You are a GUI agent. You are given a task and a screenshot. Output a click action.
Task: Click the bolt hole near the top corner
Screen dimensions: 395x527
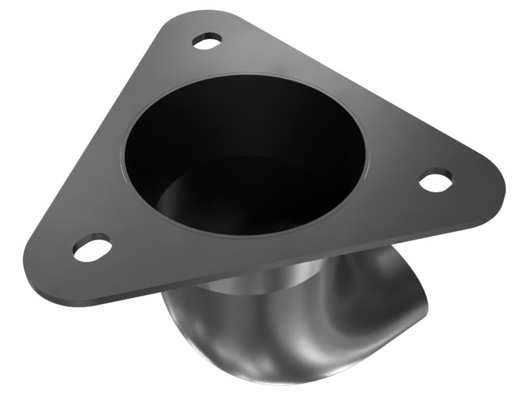pyautogui.click(x=208, y=41)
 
